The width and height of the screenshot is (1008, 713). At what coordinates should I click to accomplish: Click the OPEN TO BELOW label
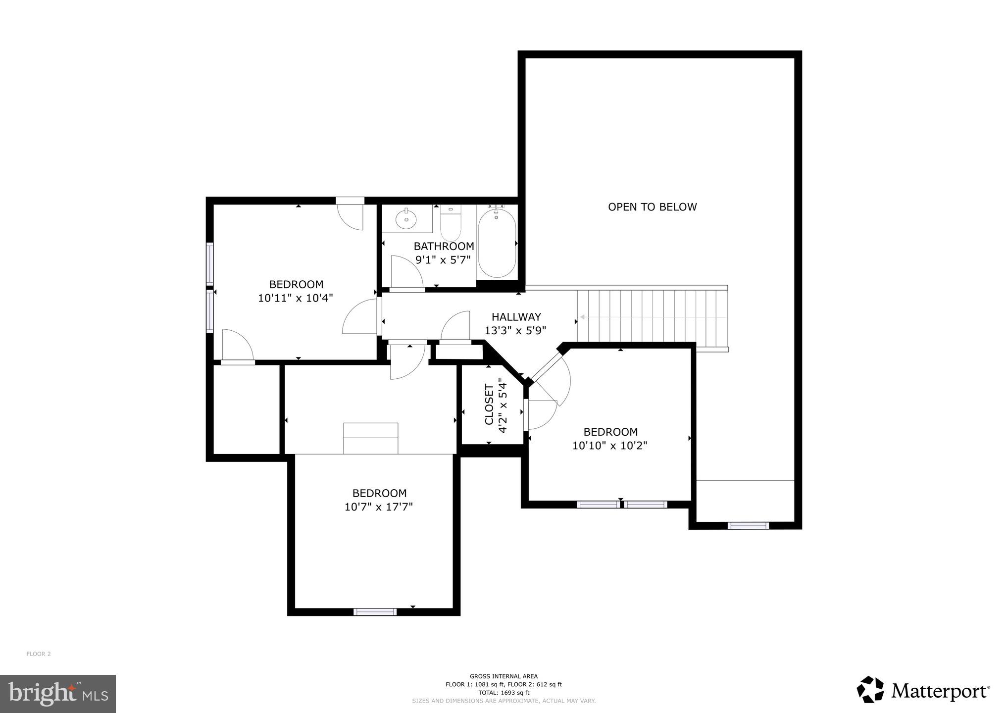point(652,207)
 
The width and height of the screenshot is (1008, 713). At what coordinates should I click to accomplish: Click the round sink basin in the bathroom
point(406,219)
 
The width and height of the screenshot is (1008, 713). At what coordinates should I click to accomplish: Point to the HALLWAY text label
point(516,317)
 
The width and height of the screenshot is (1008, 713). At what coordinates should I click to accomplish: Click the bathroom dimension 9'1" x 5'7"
point(444,260)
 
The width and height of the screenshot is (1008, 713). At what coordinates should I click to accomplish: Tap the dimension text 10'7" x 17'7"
point(379,507)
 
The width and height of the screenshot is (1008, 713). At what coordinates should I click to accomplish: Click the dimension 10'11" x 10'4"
point(296,298)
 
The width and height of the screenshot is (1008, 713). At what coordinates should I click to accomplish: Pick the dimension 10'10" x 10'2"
point(610,446)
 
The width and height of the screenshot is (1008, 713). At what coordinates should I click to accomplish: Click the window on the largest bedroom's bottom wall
point(375,612)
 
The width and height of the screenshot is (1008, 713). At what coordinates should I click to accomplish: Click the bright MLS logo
point(58,693)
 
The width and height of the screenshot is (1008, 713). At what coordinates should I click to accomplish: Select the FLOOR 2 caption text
point(39,654)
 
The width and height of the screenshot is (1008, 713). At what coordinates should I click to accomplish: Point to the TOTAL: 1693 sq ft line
point(504,693)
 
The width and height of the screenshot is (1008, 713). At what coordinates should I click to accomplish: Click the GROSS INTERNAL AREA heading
point(504,676)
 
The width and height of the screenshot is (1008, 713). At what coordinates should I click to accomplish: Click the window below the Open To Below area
point(748,526)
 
